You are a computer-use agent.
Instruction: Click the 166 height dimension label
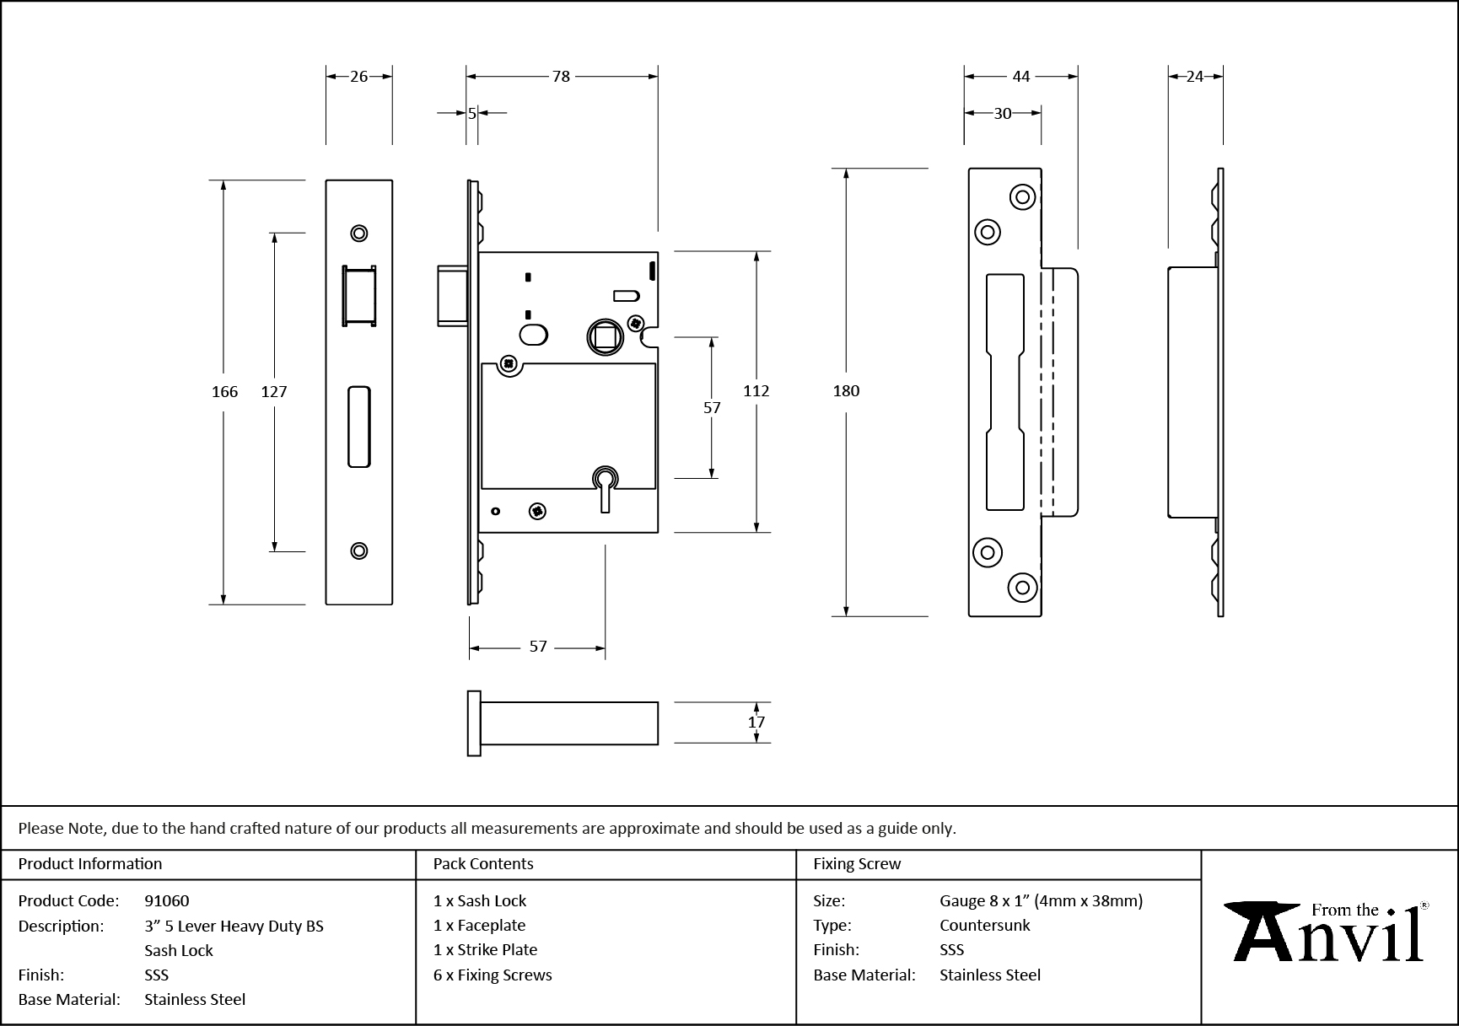click(x=224, y=391)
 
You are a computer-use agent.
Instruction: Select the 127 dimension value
click(x=274, y=391)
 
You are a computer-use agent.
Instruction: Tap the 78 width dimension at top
click(x=561, y=77)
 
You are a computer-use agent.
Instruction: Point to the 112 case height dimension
click(x=756, y=391)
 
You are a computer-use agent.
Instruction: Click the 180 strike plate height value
click(x=846, y=391)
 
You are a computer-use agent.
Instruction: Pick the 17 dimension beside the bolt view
click(x=756, y=722)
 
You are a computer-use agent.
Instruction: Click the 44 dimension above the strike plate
click(x=1020, y=77)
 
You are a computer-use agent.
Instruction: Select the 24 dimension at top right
click(x=1195, y=77)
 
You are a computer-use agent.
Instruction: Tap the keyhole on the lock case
click(x=605, y=485)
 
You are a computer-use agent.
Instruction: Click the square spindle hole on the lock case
click(x=606, y=338)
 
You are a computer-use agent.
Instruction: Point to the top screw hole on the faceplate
click(x=359, y=234)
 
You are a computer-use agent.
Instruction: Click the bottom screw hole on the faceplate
click(x=359, y=551)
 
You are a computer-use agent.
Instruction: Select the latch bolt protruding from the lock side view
click(x=451, y=295)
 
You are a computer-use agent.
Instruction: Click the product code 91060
click(x=167, y=901)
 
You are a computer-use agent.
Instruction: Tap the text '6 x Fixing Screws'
click(x=493, y=975)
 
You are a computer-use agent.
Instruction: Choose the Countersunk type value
click(x=985, y=926)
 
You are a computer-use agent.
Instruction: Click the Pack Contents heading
click(x=483, y=864)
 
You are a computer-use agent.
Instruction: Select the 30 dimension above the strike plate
click(x=1002, y=114)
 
